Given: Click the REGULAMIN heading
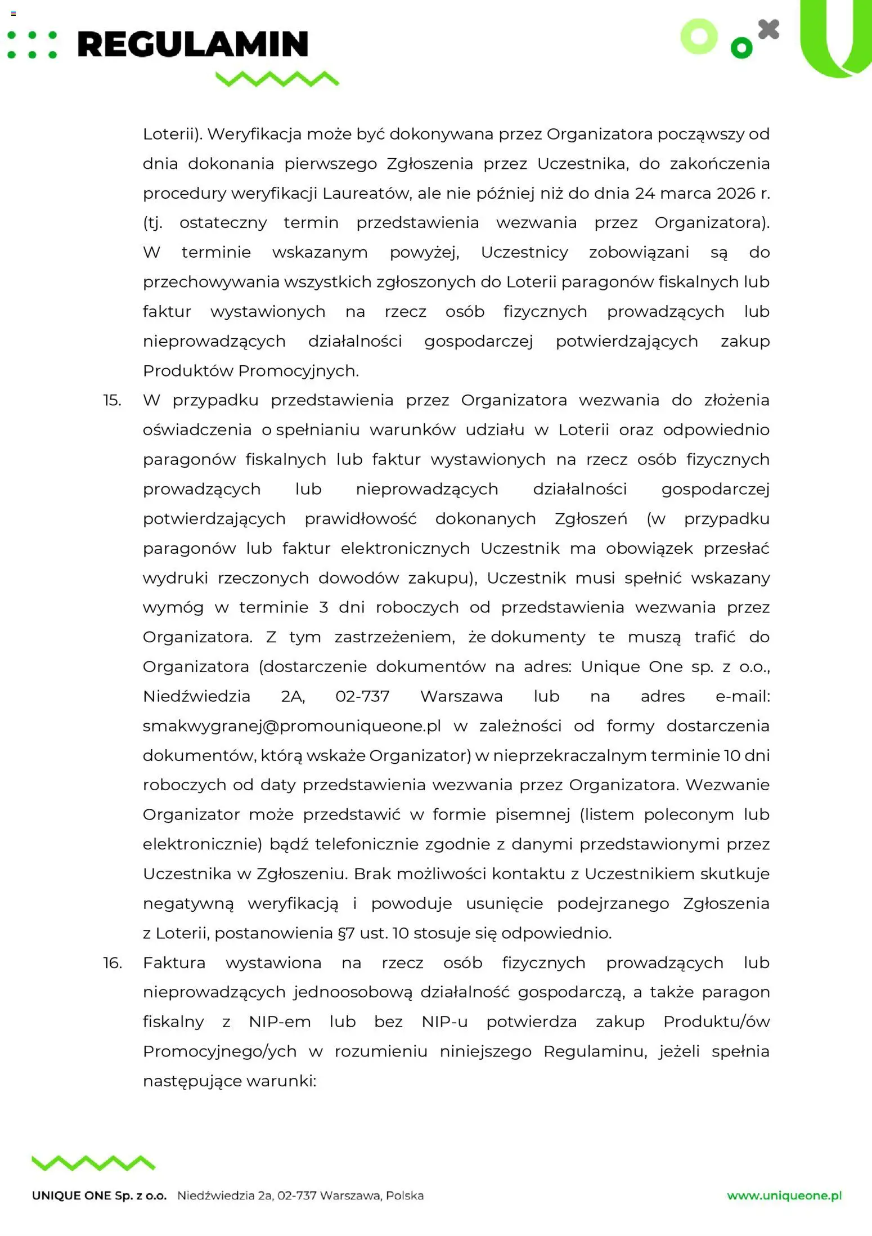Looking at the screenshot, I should pyautogui.click(x=192, y=44).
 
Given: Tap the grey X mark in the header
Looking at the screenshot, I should pyautogui.click(x=768, y=30).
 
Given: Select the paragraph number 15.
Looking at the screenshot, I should pyautogui.click(x=112, y=400).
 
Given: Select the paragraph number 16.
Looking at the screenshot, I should pyautogui.click(x=112, y=963).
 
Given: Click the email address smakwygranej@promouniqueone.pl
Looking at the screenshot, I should pyautogui.click(x=291, y=726).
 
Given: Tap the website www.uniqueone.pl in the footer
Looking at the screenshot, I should pyautogui.click(x=784, y=1195).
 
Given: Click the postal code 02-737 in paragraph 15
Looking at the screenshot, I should pyautogui.click(x=362, y=696).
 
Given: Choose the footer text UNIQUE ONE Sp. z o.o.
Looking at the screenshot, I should pyautogui.click(x=99, y=1196).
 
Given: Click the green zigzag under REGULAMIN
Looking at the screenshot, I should pyautogui.click(x=277, y=79).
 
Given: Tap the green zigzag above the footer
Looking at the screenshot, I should pyautogui.click(x=93, y=1163).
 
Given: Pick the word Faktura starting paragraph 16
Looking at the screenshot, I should pyautogui.click(x=174, y=963).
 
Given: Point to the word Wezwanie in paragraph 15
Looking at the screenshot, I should pyautogui.click(x=727, y=785).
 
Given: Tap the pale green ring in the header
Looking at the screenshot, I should pyautogui.click(x=699, y=37).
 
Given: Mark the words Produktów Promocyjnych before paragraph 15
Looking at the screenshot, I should pyautogui.click(x=250, y=371).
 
